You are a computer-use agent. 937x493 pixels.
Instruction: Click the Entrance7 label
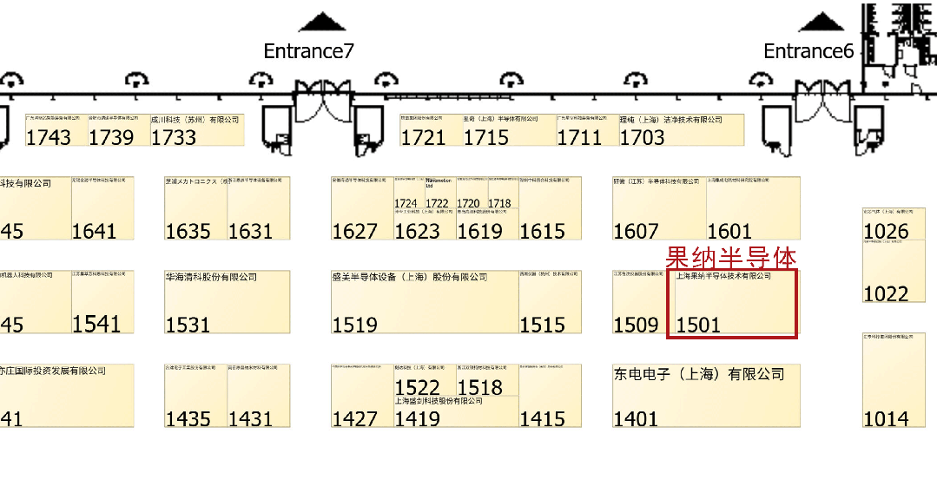pos(308,51)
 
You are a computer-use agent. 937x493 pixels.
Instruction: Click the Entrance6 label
pos(808,51)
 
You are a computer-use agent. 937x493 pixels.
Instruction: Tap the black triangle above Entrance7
pos(321,23)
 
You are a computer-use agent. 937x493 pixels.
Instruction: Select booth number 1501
pos(698,325)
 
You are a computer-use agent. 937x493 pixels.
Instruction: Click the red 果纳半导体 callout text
pos(730,257)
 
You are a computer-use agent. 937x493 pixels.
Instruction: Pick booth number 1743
pos(49,137)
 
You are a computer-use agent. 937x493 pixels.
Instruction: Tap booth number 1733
pos(174,137)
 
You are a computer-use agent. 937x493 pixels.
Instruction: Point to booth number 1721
pos(423,137)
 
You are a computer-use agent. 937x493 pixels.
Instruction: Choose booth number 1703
pos(642,137)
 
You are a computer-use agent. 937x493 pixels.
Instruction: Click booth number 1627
pos(354,231)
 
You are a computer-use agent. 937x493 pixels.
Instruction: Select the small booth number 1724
pos(406,204)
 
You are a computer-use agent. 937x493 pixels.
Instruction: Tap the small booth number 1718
pos(499,204)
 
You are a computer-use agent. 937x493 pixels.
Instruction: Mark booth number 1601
pos(729,231)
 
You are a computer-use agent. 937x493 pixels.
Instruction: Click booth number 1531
pos(188,325)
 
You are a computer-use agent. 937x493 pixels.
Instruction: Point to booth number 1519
pos(354,325)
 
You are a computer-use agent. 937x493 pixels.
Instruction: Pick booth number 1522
pos(418,387)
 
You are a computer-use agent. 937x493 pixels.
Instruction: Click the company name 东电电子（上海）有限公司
pos(698,374)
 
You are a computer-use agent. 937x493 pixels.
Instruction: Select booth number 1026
pos(886,231)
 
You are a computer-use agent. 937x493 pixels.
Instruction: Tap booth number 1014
pos(886,418)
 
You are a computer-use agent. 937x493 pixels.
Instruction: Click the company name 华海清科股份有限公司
pos(211,278)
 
